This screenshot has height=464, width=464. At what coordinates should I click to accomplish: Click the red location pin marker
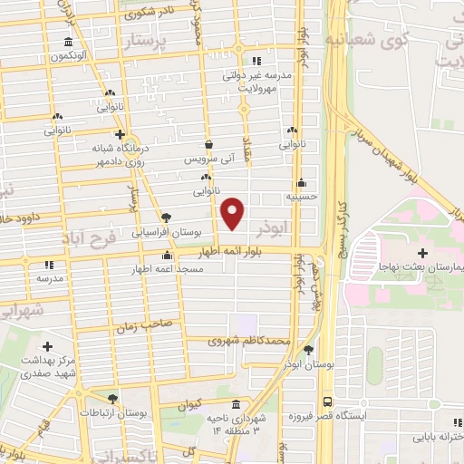click(233, 214)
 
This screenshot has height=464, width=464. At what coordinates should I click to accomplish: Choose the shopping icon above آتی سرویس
click(209, 143)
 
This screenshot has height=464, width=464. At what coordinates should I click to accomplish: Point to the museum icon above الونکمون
click(69, 43)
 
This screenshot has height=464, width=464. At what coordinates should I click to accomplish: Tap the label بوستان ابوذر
click(309, 363)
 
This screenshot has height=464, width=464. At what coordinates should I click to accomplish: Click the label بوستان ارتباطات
click(113, 413)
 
